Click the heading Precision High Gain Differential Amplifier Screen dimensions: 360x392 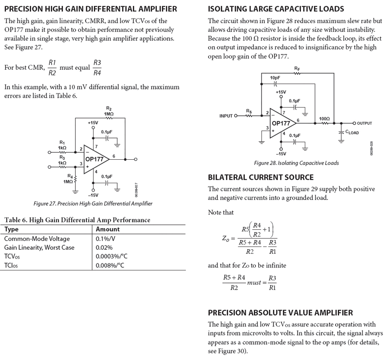(90, 9)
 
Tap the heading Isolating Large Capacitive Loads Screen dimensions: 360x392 (276, 9)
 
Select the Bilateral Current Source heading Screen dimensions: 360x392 (261, 177)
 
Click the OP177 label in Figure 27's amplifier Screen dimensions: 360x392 (95, 159)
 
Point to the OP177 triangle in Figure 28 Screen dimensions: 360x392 (281, 123)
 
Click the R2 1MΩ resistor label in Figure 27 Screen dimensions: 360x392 (109, 111)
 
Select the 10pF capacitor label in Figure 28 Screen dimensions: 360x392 (275, 78)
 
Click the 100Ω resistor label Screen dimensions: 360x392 (324, 119)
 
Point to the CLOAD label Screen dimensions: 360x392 (352, 132)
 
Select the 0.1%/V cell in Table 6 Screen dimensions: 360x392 (106, 239)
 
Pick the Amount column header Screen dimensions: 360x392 (107, 229)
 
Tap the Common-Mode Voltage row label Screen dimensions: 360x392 (37, 239)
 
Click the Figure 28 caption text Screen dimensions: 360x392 (296, 163)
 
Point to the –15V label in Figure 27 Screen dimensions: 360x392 (94, 195)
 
